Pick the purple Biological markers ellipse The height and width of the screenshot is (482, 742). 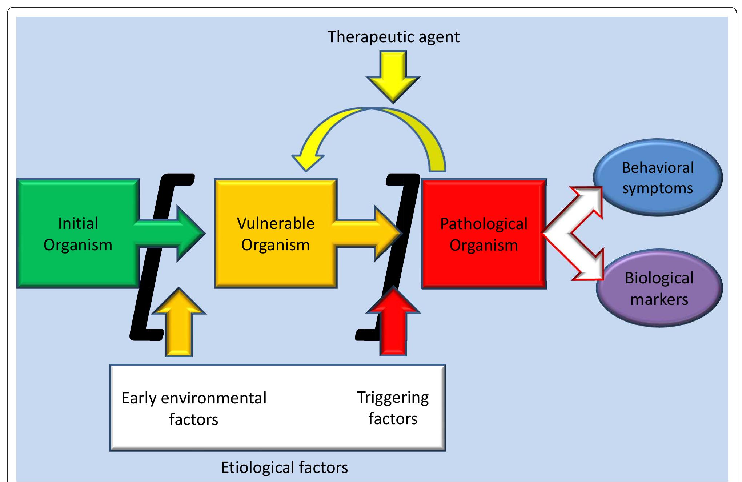pyautogui.click(x=659, y=288)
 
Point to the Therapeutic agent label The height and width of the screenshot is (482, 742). pyautogui.click(x=393, y=37)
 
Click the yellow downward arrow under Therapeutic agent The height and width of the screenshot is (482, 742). pyautogui.click(x=393, y=77)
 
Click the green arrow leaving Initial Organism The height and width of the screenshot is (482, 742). pyautogui.click(x=171, y=233)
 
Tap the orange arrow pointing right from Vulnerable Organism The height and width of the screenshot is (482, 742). pyautogui.click(x=367, y=233)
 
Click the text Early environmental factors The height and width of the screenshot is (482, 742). pyautogui.click(x=194, y=409)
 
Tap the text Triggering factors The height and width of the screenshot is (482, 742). pyautogui.click(x=393, y=408)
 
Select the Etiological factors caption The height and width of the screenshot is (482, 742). pyautogui.click(x=284, y=467)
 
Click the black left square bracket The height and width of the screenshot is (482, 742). pyautogui.click(x=145, y=291)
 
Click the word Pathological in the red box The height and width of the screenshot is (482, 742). pyautogui.click(x=484, y=224)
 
